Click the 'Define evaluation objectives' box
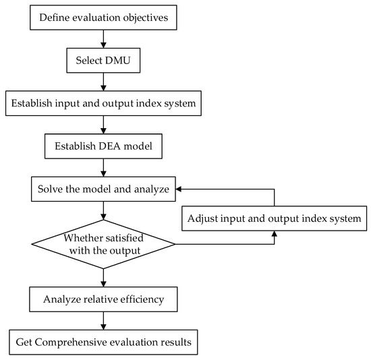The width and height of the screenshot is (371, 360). point(103,18)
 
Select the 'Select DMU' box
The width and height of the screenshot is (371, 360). point(103,61)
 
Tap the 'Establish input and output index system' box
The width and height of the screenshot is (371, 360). point(103,104)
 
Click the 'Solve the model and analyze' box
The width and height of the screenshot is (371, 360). point(103,189)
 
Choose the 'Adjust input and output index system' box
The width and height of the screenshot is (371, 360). point(274,218)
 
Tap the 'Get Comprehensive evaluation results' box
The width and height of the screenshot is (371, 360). point(103,342)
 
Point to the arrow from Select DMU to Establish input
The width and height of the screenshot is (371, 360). point(103,82)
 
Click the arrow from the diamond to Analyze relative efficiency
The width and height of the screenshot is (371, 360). point(103,276)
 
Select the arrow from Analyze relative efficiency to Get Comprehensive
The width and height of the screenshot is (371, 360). point(103,320)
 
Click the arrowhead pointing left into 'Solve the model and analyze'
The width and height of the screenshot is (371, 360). point(181,189)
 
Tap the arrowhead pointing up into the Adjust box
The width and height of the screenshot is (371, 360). point(274,234)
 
